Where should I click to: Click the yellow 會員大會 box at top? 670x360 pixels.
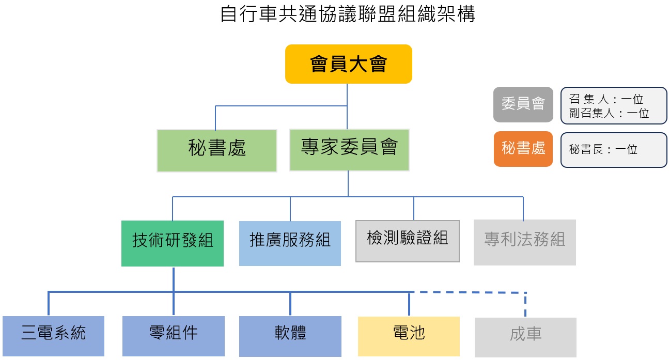tap(348, 64)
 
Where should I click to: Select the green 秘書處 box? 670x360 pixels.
tap(217, 150)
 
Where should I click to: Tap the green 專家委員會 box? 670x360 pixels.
tap(349, 150)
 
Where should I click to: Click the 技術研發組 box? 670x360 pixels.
tap(173, 243)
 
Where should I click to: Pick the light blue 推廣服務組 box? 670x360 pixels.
tap(290, 243)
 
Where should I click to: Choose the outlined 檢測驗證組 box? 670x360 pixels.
tap(407, 241)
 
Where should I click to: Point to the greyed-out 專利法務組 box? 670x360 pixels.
tap(524, 242)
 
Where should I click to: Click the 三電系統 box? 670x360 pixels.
tap(53, 336)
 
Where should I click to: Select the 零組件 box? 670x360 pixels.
tap(173, 336)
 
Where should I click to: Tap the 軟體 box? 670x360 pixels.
tap(290, 336)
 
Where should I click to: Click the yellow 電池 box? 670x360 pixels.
tap(409, 336)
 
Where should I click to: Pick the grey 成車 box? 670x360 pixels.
tap(525, 337)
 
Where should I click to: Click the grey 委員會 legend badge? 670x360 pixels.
tap(523, 104)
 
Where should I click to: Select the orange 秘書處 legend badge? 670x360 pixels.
tap(523, 149)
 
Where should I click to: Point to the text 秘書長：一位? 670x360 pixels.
tap(603, 150)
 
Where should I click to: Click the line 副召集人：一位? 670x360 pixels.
tap(609, 113)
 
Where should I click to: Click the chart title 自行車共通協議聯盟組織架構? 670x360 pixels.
tap(347, 14)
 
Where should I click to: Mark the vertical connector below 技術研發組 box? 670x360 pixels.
tap(173, 279)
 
